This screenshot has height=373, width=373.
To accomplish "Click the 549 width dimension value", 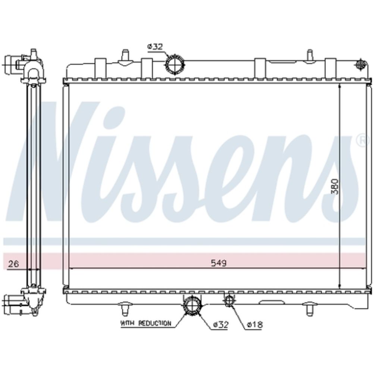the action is (x=219, y=263).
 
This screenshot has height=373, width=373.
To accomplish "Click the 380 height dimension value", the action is (x=335, y=186).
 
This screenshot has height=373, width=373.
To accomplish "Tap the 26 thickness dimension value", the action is (x=13, y=264).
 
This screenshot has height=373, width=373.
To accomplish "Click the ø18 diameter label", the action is (x=255, y=324).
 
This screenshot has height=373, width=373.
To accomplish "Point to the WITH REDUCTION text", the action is (x=145, y=323).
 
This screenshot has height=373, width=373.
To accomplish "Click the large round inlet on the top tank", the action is (x=175, y=64).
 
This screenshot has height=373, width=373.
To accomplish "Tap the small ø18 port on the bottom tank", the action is (x=229, y=301).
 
